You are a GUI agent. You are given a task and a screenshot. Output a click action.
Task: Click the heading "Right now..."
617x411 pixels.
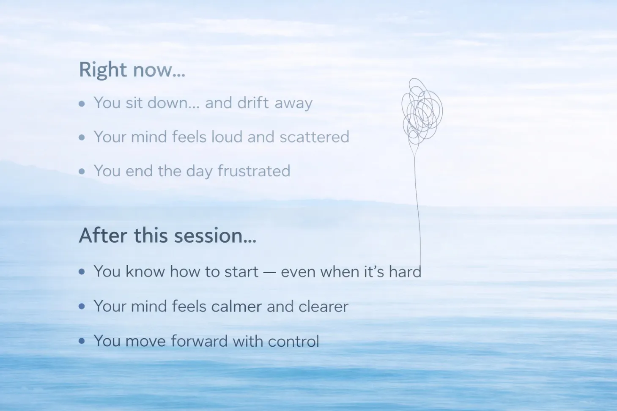[x=132, y=70]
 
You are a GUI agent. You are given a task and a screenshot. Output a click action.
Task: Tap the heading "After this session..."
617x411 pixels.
[x=167, y=236]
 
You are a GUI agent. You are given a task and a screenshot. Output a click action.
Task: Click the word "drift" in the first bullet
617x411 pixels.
[x=253, y=103]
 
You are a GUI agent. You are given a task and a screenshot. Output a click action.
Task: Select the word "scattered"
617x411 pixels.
[x=315, y=137]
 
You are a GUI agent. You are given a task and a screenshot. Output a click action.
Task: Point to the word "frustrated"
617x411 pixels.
[x=254, y=171]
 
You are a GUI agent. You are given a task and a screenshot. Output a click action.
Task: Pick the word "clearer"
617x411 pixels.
[x=321, y=306]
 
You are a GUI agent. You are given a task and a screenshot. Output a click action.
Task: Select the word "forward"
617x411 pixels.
[x=199, y=341]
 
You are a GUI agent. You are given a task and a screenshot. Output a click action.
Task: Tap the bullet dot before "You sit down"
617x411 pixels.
[x=82, y=104]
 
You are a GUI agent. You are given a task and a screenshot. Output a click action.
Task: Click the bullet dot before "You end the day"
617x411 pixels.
[x=82, y=172]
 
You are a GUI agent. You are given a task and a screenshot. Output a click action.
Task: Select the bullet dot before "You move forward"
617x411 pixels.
[x=82, y=341]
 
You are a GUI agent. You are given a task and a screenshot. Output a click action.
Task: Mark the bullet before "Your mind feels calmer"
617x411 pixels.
[x=82, y=306]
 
